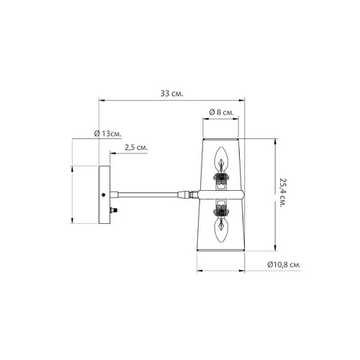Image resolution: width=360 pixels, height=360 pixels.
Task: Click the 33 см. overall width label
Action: (171, 94)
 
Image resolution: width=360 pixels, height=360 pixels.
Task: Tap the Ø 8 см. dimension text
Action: (221, 112)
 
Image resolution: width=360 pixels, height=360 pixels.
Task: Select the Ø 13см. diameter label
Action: (107, 133)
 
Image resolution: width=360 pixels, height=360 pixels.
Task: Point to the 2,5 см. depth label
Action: (136, 147)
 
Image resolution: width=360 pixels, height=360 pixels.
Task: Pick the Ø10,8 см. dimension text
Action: (284, 265)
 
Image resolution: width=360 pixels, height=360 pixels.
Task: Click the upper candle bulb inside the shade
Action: (221, 160)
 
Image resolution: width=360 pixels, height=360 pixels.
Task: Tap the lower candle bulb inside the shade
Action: (221, 229)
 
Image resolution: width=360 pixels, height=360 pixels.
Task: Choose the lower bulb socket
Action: (221, 207)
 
